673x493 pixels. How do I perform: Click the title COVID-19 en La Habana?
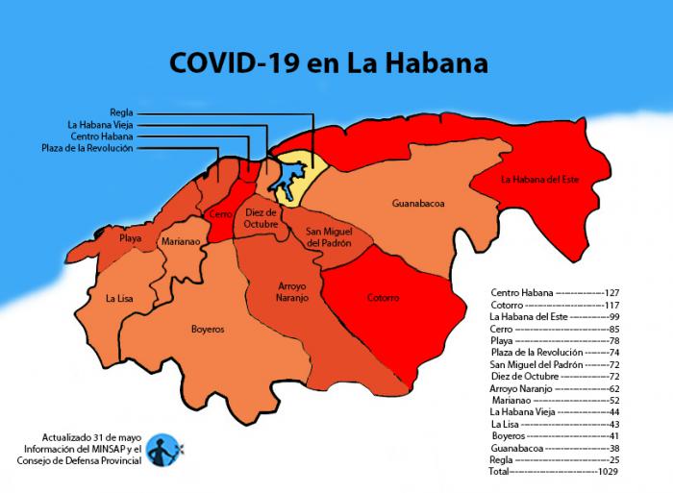328,63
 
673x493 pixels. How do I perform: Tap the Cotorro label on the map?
383,298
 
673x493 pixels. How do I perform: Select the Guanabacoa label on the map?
418,204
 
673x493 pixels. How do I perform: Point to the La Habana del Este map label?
540,179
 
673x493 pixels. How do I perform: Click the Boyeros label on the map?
207,329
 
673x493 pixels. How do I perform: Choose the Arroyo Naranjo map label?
280,293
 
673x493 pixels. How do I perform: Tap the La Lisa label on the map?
119,299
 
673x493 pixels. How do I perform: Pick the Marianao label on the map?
181,242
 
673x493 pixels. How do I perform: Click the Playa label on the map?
130,237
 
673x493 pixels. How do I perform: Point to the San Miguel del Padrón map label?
328,237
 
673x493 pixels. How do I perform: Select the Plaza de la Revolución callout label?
87,148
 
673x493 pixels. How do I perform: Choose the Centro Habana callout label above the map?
102,136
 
